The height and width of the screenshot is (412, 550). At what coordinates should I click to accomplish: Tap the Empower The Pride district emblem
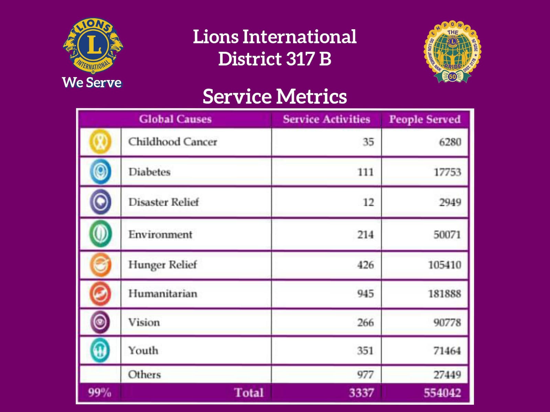(x=452, y=51)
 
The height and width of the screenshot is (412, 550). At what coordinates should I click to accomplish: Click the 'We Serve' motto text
(x=92, y=82)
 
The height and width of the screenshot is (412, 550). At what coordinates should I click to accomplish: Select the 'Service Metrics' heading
(x=275, y=96)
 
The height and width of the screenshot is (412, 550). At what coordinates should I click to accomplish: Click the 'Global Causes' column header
(x=175, y=119)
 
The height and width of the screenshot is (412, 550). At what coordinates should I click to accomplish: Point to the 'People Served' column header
(x=425, y=119)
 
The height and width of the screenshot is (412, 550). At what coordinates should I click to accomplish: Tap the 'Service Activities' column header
(x=326, y=119)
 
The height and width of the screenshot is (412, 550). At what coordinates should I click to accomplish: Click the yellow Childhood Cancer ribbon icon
(x=100, y=141)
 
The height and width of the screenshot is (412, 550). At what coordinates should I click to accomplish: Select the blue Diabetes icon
(x=100, y=171)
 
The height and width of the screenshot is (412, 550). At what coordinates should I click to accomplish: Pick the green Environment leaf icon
(x=100, y=234)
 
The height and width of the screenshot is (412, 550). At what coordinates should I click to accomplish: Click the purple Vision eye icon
(x=100, y=322)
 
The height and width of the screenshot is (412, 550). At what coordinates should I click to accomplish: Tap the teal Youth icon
(x=100, y=350)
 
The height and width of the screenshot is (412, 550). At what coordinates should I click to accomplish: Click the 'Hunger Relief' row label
(x=163, y=265)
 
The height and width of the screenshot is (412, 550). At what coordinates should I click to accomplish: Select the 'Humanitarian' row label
(x=163, y=294)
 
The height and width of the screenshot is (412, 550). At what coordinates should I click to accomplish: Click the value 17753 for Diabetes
(x=447, y=172)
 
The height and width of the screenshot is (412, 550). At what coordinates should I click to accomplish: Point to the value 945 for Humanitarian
(x=365, y=294)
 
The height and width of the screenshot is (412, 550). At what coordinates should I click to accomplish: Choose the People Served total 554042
(x=442, y=392)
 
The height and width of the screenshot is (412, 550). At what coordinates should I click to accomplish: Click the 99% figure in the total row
(x=100, y=392)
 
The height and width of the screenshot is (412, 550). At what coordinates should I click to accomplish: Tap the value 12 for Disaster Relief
(x=368, y=202)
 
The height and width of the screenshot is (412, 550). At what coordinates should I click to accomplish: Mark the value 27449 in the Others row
(x=447, y=375)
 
